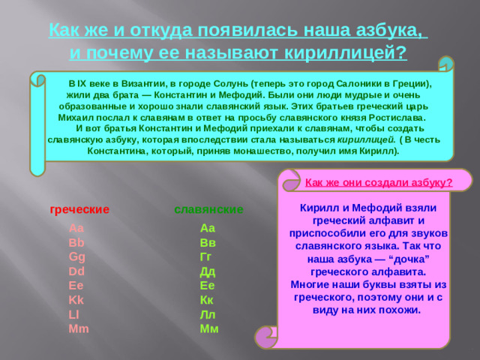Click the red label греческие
(x=79, y=208)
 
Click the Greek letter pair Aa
(x=76, y=229)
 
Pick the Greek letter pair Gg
(x=76, y=257)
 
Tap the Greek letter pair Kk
(x=75, y=300)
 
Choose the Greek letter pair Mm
(x=78, y=328)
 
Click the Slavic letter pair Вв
(x=208, y=243)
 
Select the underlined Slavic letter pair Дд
(x=208, y=271)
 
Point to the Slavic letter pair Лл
(x=208, y=314)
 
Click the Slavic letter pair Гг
(x=207, y=257)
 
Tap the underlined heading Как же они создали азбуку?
(x=379, y=182)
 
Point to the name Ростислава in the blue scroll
(x=394, y=118)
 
